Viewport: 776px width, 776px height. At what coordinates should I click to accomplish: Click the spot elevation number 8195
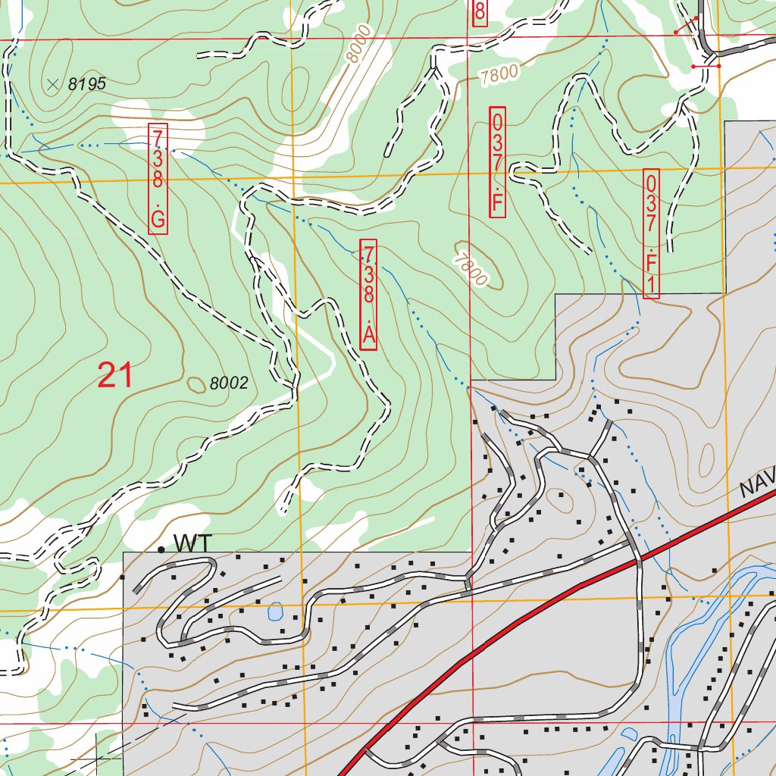pos(86,84)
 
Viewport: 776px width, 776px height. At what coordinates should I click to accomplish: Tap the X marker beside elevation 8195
pos(52,84)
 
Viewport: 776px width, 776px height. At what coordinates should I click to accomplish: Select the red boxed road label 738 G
pos(158,178)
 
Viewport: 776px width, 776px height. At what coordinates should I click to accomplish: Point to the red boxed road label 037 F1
pos(652,233)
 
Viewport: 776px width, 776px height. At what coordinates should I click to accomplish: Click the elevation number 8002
pos(229,384)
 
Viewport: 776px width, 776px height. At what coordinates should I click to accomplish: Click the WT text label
pos(193,543)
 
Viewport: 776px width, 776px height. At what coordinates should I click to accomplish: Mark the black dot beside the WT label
pos(161,549)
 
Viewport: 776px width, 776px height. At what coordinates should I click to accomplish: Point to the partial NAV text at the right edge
pos(757,484)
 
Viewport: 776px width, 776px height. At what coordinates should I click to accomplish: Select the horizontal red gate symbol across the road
pos(706,67)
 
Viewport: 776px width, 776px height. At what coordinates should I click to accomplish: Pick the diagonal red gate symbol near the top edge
pos(687,25)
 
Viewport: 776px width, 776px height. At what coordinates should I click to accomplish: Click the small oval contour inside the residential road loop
pos(562,501)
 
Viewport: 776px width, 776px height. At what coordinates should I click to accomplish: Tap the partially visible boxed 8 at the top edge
pos(479,13)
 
